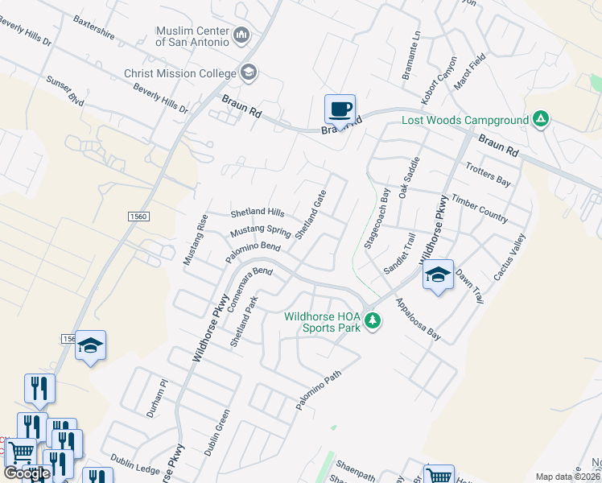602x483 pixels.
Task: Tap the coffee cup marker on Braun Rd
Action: click(340, 108)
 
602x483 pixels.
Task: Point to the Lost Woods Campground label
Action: click(465, 122)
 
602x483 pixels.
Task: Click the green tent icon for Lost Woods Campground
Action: click(542, 121)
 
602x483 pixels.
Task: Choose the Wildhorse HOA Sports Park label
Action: click(323, 321)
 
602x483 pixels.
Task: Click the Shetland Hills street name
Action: click(258, 213)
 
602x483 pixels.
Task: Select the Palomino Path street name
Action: click(319, 391)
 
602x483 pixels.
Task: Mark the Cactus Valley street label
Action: click(509, 257)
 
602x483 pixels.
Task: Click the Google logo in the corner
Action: click(27, 473)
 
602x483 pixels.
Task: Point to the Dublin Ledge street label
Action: click(136, 463)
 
